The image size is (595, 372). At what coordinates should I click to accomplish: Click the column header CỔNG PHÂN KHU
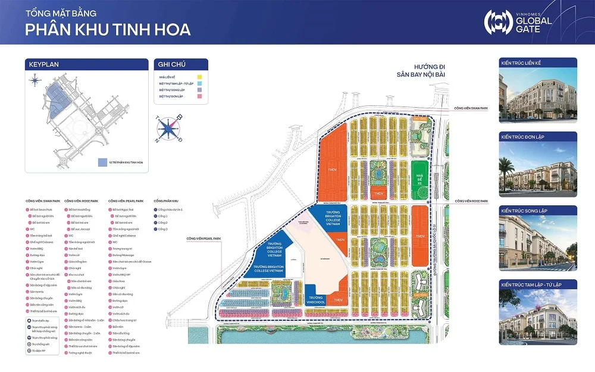(167, 201)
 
